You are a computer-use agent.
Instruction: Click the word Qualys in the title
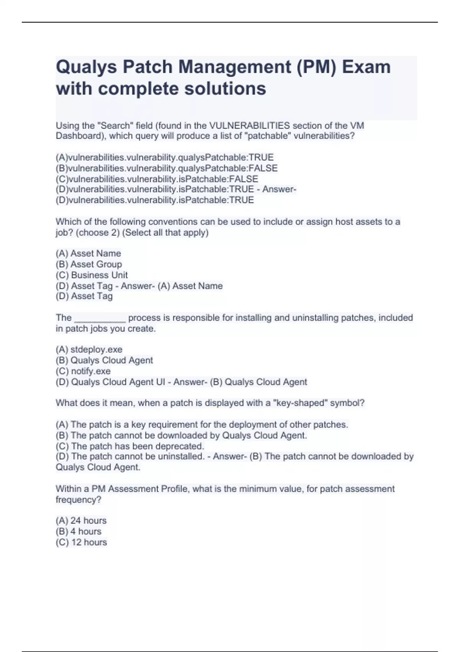point(86,67)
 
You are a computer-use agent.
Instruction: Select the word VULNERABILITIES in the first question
point(250,126)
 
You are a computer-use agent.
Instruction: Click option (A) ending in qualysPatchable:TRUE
point(164,158)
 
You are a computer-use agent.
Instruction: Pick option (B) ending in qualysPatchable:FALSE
point(166,168)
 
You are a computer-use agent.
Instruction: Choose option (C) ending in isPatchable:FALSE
point(157,179)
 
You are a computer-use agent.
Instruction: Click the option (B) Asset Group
point(89,264)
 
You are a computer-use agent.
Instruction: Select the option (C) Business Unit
point(92,275)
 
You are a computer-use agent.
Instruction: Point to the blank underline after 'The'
point(100,318)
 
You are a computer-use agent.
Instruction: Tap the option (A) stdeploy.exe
point(89,349)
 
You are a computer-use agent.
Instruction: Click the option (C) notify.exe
point(83,371)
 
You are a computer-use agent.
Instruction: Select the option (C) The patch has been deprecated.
point(130,446)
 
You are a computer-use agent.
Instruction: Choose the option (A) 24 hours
point(81,520)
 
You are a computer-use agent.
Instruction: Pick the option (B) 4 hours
point(79,531)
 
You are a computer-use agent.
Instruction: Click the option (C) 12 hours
point(81,542)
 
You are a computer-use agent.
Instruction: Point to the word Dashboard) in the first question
point(81,136)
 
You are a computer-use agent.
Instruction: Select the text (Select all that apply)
point(165,233)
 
